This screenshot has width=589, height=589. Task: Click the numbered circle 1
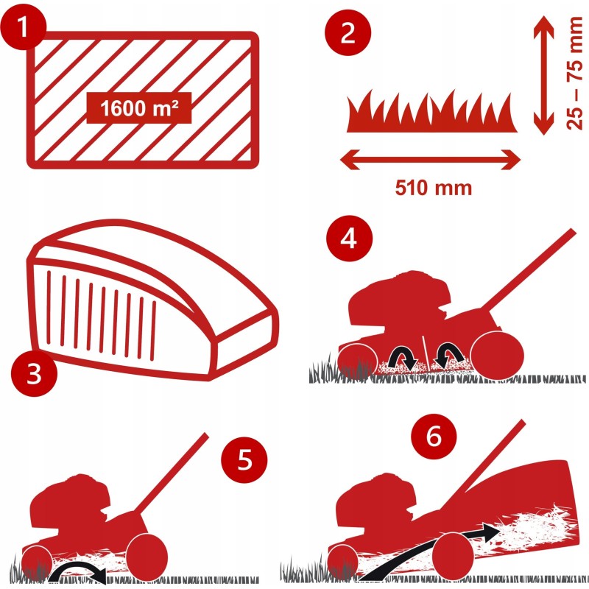click(24, 27)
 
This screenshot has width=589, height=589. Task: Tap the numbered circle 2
click(348, 33)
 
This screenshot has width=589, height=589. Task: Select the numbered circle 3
click(34, 373)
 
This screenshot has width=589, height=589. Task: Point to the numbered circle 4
click(349, 238)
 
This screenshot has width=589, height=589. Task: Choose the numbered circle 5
click(244, 459)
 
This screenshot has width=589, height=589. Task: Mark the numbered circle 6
click(434, 437)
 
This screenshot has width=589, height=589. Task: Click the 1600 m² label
click(139, 108)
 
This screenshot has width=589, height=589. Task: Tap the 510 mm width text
click(433, 188)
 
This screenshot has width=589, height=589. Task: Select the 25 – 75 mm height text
click(574, 73)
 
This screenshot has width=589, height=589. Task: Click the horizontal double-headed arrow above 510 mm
click(430, 160)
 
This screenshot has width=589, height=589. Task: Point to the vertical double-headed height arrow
click(543, 75)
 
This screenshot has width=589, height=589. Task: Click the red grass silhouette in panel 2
click(431, 112)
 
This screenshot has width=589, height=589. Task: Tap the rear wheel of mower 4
click(496, 356)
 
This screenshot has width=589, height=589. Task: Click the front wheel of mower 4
click(358, 360)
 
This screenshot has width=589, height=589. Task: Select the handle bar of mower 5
click(171, 472)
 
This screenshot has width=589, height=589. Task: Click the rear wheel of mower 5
click(147, 554)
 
